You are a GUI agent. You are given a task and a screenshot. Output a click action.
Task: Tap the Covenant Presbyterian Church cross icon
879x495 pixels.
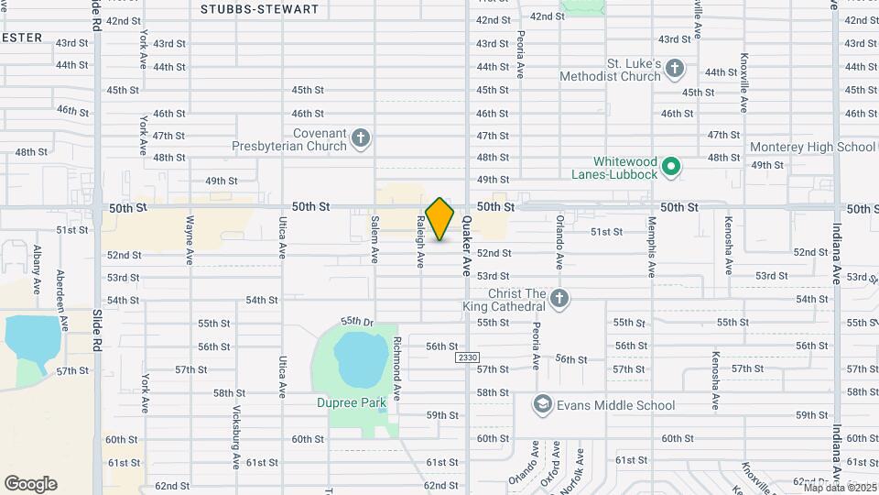tap(361, 138)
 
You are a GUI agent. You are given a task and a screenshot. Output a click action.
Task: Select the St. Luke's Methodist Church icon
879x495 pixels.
tap(675, 68)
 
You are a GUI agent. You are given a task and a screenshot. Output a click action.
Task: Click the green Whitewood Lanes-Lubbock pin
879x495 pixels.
tap(671, 166)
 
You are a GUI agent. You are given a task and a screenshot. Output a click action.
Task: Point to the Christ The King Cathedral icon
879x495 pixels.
tap(559, 299)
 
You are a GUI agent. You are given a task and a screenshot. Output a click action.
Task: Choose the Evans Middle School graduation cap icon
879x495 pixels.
tap(543, 405)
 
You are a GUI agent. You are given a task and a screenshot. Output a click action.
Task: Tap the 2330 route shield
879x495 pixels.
tap(466, 357)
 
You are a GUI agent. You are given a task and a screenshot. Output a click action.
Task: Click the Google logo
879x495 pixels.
tap(30, 484)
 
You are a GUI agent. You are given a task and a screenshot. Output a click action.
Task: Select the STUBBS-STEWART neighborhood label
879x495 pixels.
tap(259, 9)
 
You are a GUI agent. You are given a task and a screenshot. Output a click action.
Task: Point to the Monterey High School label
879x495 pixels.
tap(812, 147)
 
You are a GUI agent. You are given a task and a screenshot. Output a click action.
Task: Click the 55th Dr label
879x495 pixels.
tap(358, 322)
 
